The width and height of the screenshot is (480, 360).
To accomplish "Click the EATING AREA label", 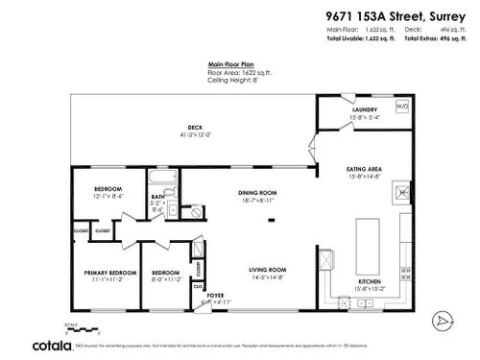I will (x=364, y=170).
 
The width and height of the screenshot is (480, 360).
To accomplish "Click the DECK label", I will (x=195, y=129).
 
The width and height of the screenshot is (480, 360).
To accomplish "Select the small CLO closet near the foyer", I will (x=197, y=286).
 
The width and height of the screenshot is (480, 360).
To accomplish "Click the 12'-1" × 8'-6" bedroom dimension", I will (x=108, y=196).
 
